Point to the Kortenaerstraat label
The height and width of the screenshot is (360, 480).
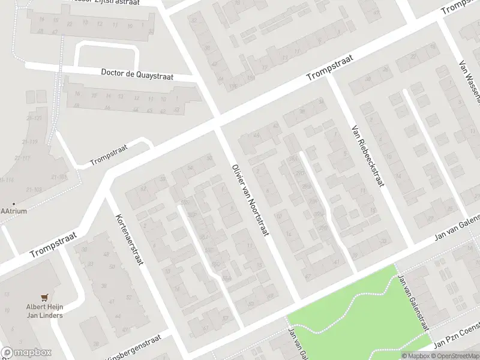click(128, 232)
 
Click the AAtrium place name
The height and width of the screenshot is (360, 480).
click(14, 211)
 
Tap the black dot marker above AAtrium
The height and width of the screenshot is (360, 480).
click(14, 203)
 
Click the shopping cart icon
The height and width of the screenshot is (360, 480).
click(44, 297)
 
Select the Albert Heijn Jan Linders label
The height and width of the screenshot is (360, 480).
click(44, 311)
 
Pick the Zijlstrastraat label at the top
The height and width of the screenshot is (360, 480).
click(114, 3)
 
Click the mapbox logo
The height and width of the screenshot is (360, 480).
click(26, 353)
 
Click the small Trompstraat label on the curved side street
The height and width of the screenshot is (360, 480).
click(109, 158)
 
